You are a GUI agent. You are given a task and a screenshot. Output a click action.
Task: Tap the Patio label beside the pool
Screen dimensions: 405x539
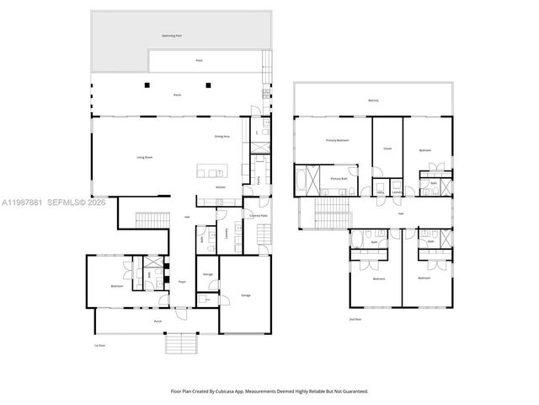tap(200, 61)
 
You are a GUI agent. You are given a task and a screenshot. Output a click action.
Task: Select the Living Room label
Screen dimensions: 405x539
tap(144, 157)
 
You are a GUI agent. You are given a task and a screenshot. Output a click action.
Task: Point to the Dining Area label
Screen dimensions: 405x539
tap(222, 137)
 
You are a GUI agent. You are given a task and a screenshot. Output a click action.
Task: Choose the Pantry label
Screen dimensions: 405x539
tap(257, 181)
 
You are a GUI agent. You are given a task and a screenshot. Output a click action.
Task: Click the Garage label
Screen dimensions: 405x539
tap(246, 295)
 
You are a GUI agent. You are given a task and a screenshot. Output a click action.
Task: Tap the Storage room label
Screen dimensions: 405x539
tap(207, 274)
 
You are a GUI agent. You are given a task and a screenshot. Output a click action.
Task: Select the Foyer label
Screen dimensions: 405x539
tap(182, 281)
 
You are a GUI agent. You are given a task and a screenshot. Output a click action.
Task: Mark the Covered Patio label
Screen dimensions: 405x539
tap(259, 216)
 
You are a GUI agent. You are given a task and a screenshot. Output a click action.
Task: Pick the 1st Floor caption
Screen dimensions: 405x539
tap(99, 344)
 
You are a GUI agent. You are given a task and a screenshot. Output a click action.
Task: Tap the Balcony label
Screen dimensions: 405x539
tap(373, 100)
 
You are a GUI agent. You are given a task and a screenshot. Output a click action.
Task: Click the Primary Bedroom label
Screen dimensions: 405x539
tap(338, 140)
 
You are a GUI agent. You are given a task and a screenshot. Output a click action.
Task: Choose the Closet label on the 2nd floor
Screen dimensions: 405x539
tap(387, 148)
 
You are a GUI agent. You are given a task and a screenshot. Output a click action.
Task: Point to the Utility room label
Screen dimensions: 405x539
tap(381, 193)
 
